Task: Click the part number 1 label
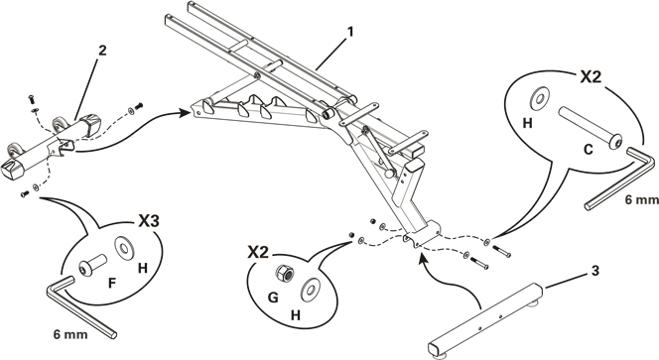(x=350, y=32)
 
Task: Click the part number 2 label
(x=102, y=51)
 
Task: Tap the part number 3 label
(x=595, y=271)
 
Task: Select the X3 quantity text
(x=149, y=221)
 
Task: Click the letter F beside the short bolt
(x=111, y=283)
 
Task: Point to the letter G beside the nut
(x=273, y=298)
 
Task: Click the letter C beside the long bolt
(x=589, y=149)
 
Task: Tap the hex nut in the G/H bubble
(x=283, y=274)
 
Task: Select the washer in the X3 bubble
(x=124, y=247)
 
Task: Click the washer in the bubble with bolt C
(x=540, y=98)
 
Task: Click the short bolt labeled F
(x=91, y=266)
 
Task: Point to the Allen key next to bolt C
(x=619, y=178)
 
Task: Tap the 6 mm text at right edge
(x=641, y=200)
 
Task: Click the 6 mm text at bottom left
(x=70, y=335)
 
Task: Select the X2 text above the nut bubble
(x=258, y=253)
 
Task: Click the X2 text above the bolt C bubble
(x=591, y=77)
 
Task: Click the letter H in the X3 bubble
(x=143, y=268)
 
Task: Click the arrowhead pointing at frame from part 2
(x=184, y=113)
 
